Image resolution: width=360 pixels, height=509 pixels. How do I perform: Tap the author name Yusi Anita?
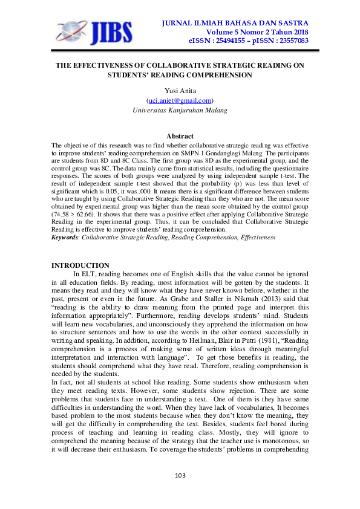pyautogui.click(x=180, y=91)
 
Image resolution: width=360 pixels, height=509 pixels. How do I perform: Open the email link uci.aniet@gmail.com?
pyautogui.click(x=180, y=100)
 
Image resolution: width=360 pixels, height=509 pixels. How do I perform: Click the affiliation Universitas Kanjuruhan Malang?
pyautogui.click(x=180, y=110)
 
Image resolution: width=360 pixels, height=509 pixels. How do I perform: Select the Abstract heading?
pyautogui.click(x=180, y=137)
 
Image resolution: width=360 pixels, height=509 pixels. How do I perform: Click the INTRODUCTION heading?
pyautogui.click(x=80, y=265)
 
